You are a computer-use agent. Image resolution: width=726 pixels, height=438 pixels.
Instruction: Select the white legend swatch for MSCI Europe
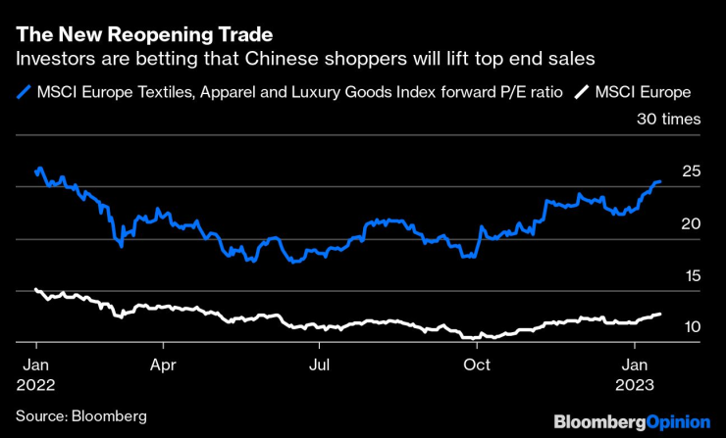pos(582,92)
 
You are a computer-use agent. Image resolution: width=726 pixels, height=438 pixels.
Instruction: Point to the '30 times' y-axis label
pos(668,120)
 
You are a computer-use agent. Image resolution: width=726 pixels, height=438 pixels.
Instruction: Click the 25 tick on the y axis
pos(692,171)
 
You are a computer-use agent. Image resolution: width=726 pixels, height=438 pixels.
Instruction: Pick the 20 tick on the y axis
pos(692,223)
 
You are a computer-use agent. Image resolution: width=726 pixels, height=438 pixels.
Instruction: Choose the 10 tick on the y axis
pos(692,327)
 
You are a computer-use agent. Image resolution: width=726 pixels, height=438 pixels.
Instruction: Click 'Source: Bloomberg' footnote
pos(81,416)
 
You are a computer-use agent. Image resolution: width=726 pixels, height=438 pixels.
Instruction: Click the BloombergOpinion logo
pos(632,421)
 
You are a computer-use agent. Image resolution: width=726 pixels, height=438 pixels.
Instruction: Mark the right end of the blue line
pos(659,181)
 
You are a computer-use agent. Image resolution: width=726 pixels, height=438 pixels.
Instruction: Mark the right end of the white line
pos(659,314)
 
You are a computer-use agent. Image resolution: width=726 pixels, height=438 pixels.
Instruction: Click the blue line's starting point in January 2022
pos(35,171)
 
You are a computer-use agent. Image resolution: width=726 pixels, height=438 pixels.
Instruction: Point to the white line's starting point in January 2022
pos(35,289)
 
